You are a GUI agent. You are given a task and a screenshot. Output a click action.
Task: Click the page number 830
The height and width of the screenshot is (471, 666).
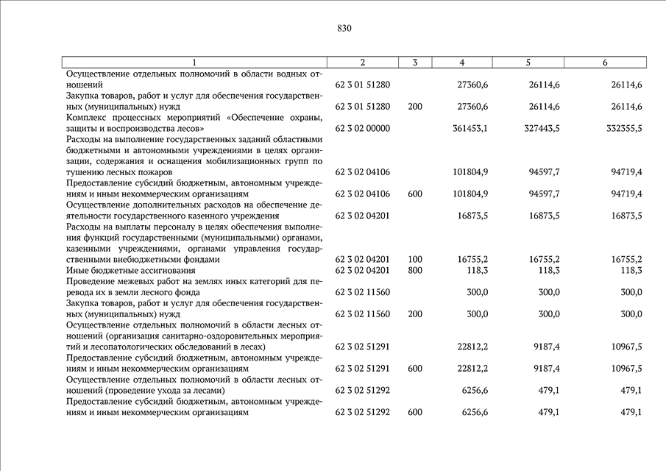click(344, 29)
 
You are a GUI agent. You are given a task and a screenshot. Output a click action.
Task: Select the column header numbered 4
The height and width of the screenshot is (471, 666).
click(461, 63)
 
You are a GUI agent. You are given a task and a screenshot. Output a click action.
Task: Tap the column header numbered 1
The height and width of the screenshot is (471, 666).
click(194, 63)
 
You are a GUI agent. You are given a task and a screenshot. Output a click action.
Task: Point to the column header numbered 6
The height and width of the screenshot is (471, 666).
click(605, 63)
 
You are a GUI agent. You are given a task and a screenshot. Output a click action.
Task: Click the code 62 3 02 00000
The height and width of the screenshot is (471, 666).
click(362, 128)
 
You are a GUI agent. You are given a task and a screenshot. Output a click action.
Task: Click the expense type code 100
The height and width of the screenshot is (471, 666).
click(414, 259)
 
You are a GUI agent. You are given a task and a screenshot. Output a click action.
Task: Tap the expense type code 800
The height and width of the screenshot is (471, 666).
click(414, 270)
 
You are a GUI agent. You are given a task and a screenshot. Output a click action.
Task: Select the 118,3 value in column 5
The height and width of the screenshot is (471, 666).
click(548, 270)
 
